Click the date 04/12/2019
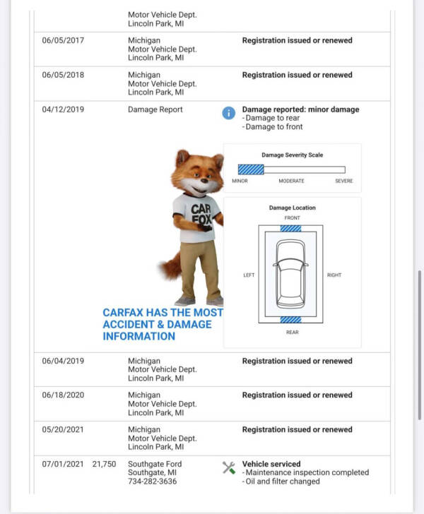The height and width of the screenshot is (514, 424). [x=63, y=110]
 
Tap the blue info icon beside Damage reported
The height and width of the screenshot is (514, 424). [x=228, y=113]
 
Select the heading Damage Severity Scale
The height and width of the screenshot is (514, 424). [x=292, y=155]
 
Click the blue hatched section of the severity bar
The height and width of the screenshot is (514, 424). [x=251, y=169]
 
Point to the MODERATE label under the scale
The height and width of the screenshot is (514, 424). [x=291, y=181]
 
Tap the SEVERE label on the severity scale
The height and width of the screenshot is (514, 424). [x=343, y=181]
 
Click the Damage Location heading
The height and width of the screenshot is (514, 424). [x=292, y=208]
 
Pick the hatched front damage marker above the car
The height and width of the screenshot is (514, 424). [x=290, y=228]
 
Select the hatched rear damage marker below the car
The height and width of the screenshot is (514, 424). [x=290, y=319]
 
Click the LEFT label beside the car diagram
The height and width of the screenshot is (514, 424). [x=249, y=275]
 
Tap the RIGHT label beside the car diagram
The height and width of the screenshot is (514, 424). [x=334, y=275]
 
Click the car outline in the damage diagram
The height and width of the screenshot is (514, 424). [x=290, y=274]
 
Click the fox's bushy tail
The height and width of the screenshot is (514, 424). [x=170, y=266]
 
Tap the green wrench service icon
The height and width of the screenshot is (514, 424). [x=228, y=467]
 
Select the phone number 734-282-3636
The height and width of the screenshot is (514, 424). [x=153, y=482]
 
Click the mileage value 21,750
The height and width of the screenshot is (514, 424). [x=104, y=464]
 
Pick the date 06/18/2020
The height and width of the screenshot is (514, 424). [x=63, y=395]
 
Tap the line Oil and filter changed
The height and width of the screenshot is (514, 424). [x=281, y=482]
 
